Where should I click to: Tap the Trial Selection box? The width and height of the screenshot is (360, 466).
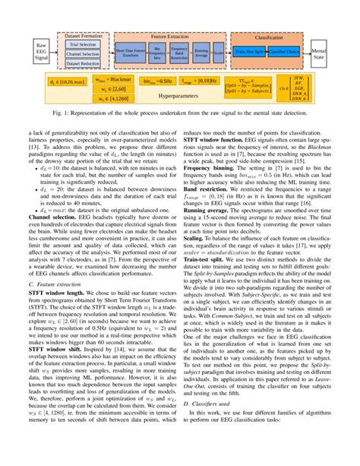click(83, 45)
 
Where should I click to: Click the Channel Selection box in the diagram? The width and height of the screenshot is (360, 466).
click(83, 55)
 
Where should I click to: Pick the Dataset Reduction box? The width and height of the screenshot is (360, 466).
click(83, 65)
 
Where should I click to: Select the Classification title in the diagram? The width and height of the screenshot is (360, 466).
click(267, 35)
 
